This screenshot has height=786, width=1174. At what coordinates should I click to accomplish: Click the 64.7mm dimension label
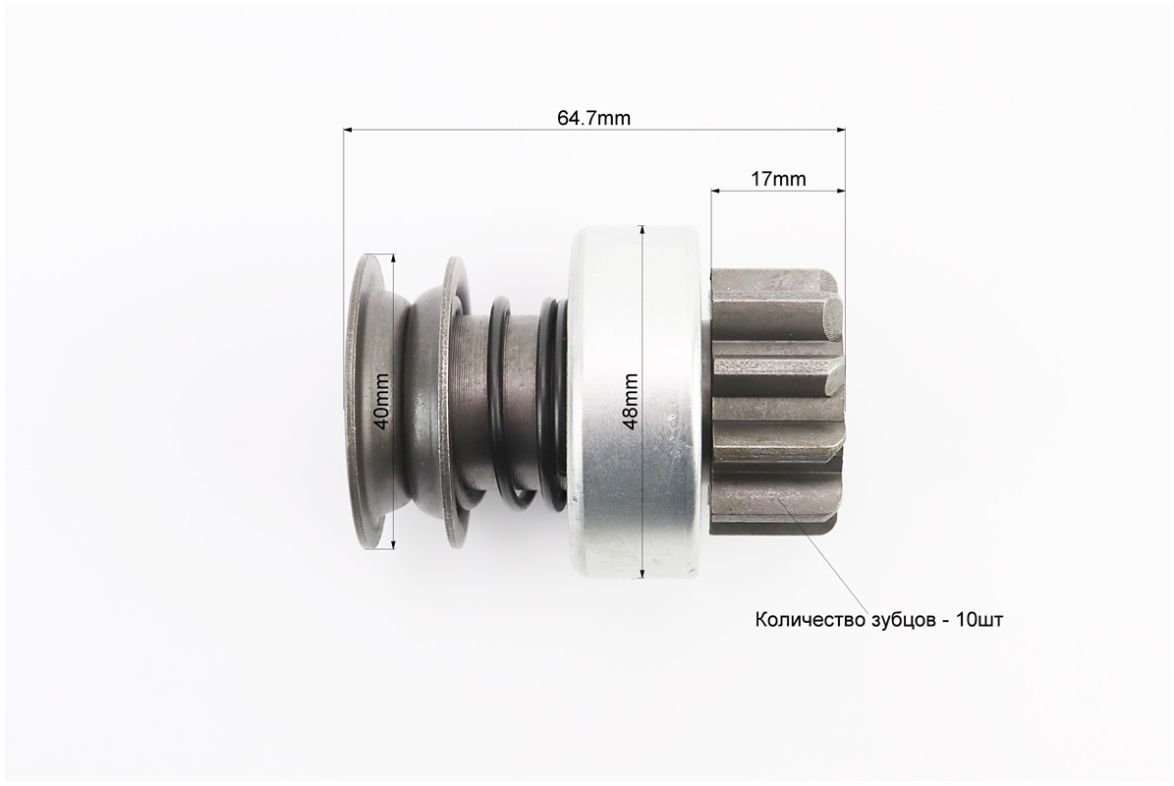click(x=593, y=118)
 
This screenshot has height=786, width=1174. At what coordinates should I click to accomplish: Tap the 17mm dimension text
click(x=778, y=179)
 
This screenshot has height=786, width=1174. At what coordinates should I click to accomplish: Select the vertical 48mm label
click(x=631, y=401)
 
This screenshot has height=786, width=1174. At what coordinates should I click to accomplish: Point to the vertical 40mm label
click(x=381, y=401)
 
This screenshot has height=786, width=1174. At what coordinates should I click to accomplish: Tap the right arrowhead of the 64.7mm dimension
click(x=839, y=131)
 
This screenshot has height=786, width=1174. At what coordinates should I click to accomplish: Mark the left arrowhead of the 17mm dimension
click(x=716, y=191)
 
